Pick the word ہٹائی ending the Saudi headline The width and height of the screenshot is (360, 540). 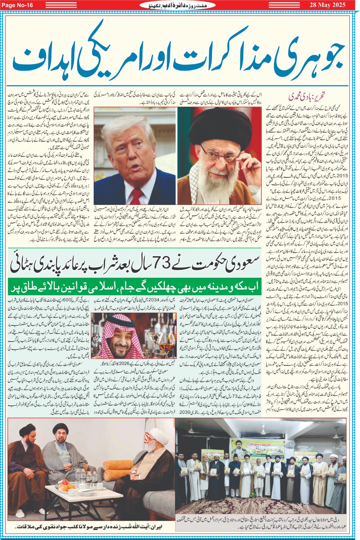pos(24,264)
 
